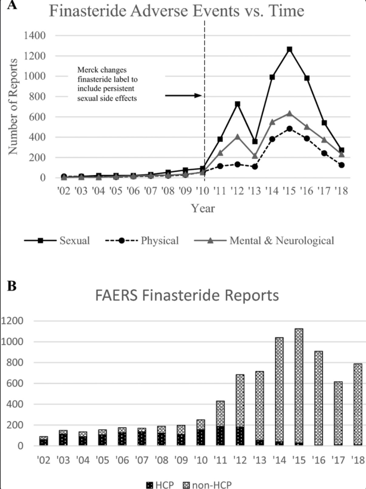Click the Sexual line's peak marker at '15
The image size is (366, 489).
[290, 49]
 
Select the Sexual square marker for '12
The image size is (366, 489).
[237, 104]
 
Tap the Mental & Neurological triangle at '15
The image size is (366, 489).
[290, 114]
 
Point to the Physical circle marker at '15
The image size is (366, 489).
[290, 129]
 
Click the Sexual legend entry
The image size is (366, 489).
[57, 240]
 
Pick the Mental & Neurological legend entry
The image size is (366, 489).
[264, 240]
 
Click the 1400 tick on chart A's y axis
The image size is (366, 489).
[35, 36]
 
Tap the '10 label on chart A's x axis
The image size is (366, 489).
[202, 191]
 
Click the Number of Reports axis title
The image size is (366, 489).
[13, 106]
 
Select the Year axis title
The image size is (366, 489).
[203, 208]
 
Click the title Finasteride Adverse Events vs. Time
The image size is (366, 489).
[176, 11]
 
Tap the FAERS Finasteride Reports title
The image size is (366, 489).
[187, 295]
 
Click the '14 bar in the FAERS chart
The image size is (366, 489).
[279, 392]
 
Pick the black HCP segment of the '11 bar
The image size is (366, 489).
[220, 436]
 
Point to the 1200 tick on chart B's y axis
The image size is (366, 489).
[12, 321]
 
